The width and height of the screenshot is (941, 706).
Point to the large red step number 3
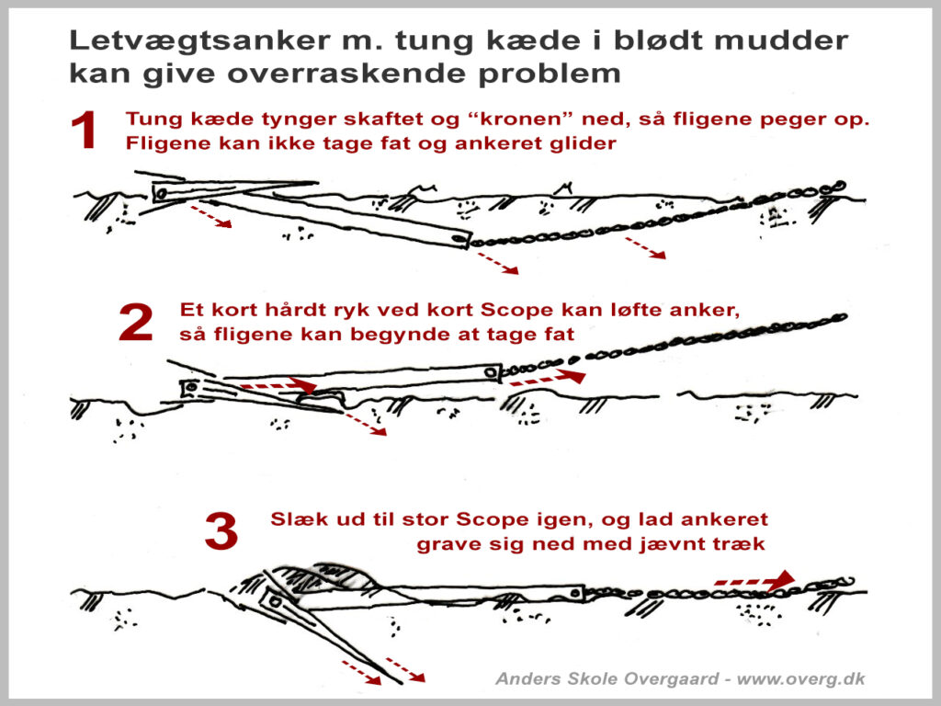[x=221, y=532]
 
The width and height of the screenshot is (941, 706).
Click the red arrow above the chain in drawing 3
[x=754, y=580]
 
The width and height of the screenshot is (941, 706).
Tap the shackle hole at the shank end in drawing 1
[x=457, y=240]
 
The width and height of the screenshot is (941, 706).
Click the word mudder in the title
[x=790, y=41]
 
